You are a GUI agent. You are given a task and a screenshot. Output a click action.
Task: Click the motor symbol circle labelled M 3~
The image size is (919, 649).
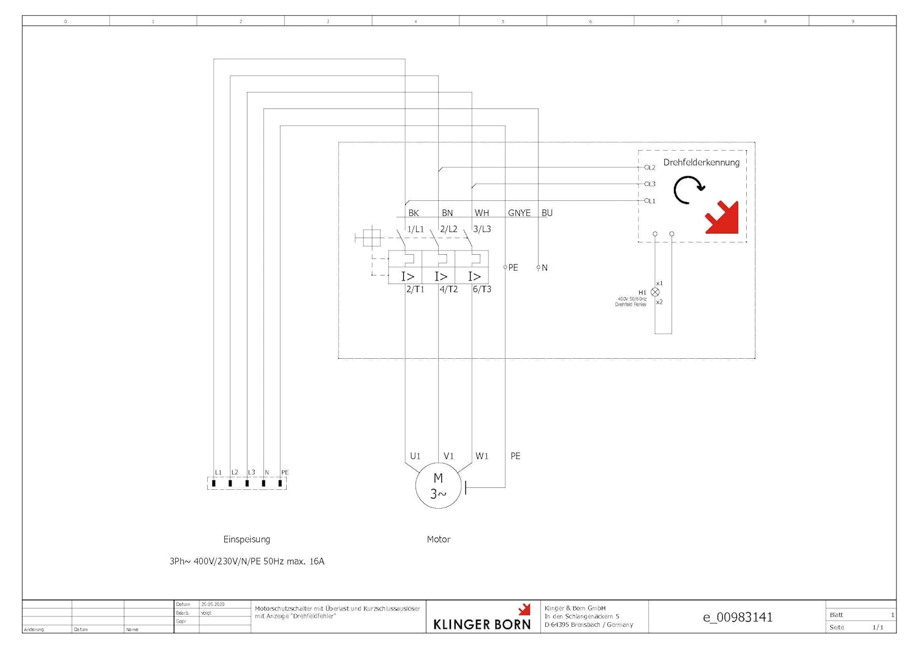click(x=438, y=486)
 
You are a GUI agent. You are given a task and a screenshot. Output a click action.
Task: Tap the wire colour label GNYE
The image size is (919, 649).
click(x=519, y=213)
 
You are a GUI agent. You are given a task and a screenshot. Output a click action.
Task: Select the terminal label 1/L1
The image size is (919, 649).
click(x=415, y=229)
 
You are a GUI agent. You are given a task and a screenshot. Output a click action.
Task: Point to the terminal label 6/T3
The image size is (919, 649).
click(x=482, y=289)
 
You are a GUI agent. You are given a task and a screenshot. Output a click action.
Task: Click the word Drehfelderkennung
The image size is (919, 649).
click(x=701, y=162)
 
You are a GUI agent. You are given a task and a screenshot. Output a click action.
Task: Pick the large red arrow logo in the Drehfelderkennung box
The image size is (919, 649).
click(x=722, y=217)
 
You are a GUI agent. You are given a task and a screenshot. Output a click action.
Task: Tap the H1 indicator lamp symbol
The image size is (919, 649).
click(x=655, y=292)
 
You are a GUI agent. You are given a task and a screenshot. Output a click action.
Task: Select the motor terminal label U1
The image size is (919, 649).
click(x=415, y=456)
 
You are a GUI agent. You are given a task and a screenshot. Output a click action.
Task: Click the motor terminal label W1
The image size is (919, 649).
click(x=482, y=456)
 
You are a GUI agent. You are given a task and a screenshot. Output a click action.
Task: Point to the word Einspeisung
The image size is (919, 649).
click(x=246, y=539)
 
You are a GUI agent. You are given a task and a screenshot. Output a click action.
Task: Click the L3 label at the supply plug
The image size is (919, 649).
click(x=251, y=472)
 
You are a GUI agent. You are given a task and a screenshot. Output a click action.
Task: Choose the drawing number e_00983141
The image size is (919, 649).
click(x=737, y=617)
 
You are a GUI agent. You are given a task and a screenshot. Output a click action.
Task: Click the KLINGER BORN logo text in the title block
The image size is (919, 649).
click(x=482, y=624)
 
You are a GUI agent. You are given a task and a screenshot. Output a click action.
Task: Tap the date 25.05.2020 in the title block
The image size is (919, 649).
click(x=213, y=604)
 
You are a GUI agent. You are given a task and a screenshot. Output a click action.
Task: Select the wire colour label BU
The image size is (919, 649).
click(x=547, y=213)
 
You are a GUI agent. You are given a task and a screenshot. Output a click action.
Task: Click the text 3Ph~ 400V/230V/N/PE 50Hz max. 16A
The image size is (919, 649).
click(x=247, y=561)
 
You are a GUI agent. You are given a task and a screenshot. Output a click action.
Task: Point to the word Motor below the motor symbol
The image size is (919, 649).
click(x=438, y=539)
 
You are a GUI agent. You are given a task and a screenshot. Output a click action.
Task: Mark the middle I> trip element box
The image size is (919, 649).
click(x=441, y=276)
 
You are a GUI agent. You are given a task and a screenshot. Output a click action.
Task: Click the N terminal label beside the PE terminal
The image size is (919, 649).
click(x=545, y=268)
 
